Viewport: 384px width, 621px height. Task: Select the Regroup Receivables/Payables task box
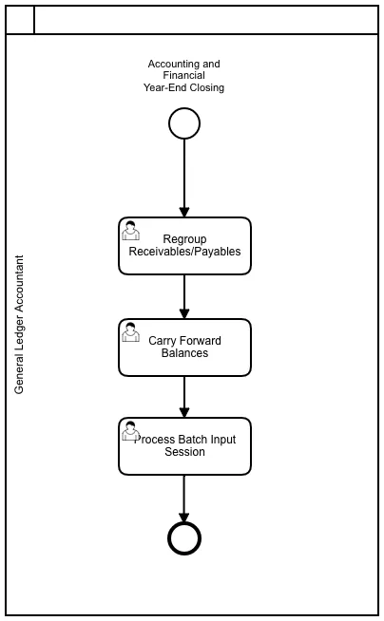coord(184,246)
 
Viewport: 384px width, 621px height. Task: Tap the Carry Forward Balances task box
coord(184,348)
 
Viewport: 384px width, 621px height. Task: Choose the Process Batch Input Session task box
coord(184,446)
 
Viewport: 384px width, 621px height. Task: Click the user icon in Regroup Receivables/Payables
coord(130,231)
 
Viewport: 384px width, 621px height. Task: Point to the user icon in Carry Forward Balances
coord(130,332)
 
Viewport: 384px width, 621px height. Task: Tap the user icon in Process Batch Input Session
coord(130,431)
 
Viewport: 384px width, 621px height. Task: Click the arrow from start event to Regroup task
coord(184,179)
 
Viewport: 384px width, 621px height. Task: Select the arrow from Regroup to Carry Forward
coord(184,296)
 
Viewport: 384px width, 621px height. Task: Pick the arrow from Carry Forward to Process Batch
coord(184,397)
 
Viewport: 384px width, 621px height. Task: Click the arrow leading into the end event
coord(184,499)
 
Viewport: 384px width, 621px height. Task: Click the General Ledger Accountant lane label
coord(19,325)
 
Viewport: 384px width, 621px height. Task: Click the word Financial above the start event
coord(183,75)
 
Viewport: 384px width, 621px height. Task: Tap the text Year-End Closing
coord(183,87)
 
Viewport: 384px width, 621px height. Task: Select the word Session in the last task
coord(185,452)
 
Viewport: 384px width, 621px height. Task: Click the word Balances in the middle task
coord(184,353)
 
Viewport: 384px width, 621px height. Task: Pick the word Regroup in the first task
coord(184,239)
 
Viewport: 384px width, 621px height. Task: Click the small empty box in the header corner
coord(20,20)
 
